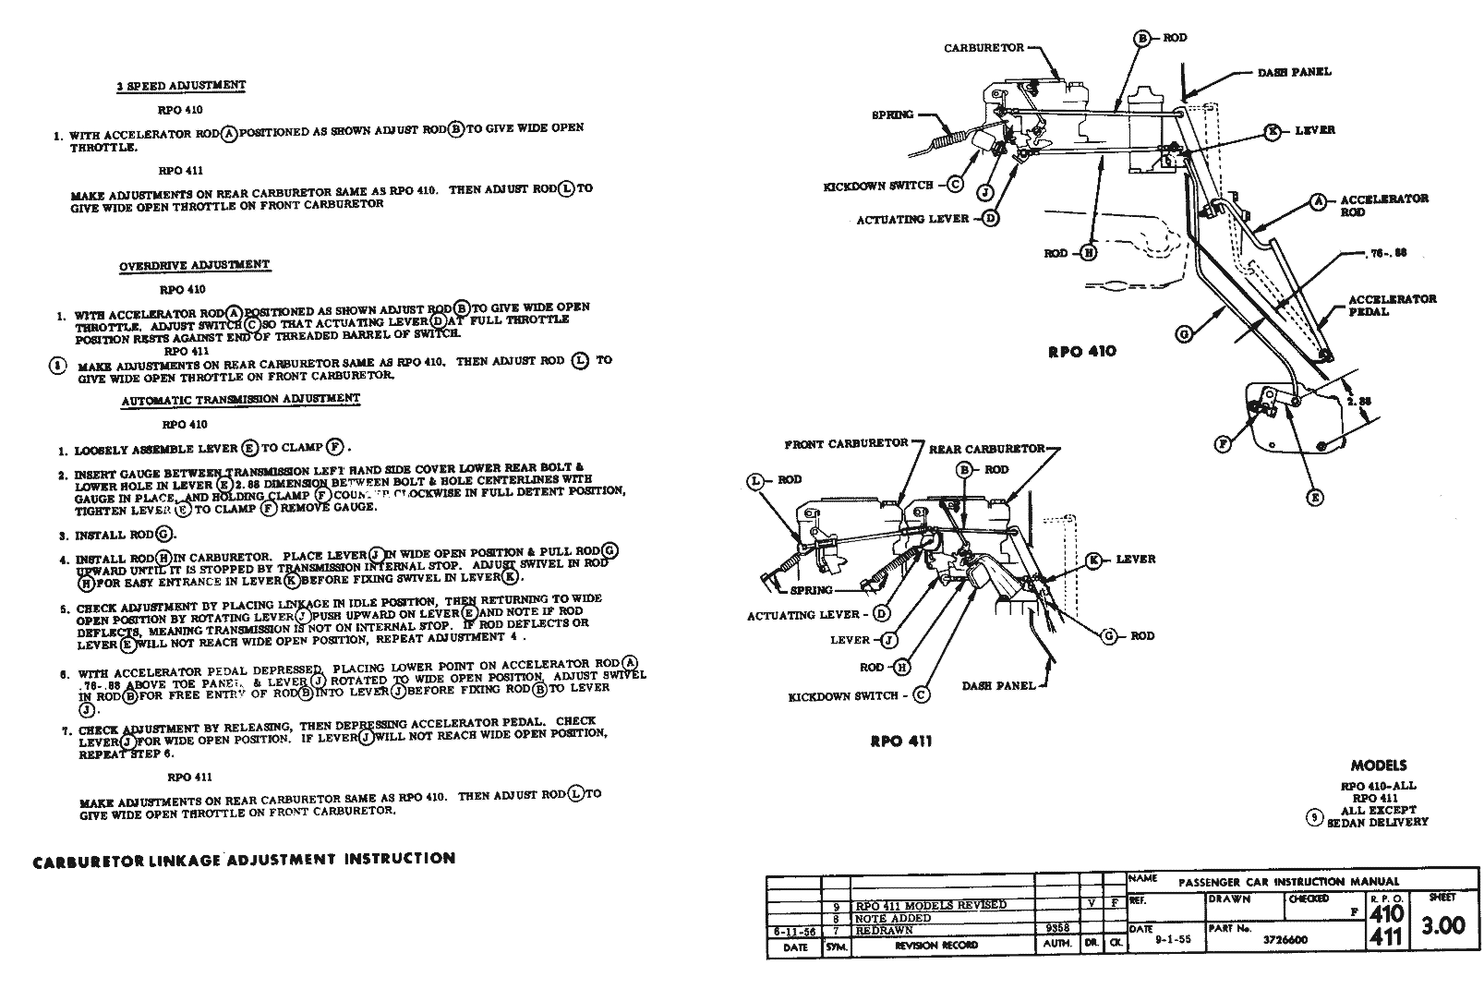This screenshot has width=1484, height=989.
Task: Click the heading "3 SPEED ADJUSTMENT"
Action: click(181, 86)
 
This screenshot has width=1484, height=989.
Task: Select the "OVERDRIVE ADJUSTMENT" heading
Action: click(194, 266)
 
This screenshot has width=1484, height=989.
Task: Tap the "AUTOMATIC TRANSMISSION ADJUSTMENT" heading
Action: click(240, 400)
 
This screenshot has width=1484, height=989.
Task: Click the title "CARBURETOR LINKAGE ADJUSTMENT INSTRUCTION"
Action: click(244, 859)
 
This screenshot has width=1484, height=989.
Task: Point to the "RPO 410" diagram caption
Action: click(1081, 351)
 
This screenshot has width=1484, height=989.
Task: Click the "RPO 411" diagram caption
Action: click(900, 741)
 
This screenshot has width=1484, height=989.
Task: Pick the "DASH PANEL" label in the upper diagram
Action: click(1294, 72)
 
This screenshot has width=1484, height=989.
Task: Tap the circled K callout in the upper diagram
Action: click(1273, 131)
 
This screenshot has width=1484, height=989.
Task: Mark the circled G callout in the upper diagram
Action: click(1184, 334)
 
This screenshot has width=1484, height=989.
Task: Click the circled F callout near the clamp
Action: click(1223, 444)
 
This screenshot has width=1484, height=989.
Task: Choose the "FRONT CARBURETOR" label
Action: click(846, 444)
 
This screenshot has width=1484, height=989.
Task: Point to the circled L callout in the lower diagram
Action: click(757, 480)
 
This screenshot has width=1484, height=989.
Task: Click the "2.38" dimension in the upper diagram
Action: click(1360, 403)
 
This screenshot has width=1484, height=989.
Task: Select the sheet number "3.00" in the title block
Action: click(1442, 925)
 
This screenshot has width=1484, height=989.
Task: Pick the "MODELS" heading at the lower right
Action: click(1379, 766)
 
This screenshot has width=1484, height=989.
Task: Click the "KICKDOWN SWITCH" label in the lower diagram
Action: click(843, 696)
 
